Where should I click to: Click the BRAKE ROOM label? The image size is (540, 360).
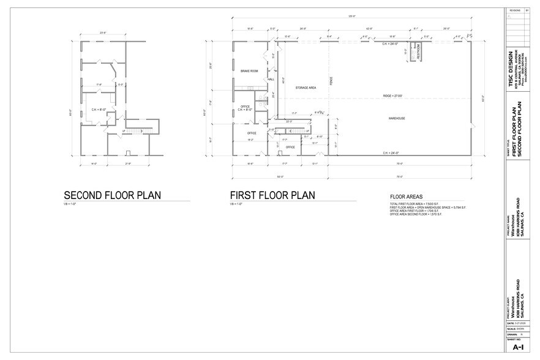click(x=249, y=71)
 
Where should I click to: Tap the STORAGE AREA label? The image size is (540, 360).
click(x=306, y=88)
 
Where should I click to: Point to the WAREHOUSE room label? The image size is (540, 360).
click(x=398, y=118)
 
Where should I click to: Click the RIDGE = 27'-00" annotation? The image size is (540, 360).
click(x=393, y=96)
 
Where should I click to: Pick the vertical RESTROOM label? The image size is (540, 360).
click(x=419, y=53)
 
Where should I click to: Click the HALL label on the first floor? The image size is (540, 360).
click(x=271, y=80)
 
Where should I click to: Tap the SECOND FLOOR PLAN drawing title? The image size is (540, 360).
click(x=112, y=195)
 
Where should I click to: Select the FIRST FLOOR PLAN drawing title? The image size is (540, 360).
click(x=272, y=195)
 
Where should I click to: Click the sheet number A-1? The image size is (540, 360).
click(x=518, y=347)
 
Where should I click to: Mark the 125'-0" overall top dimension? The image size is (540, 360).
click(x=353, y=16)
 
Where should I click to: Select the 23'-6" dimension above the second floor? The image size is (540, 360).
click(x=103, y=33)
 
